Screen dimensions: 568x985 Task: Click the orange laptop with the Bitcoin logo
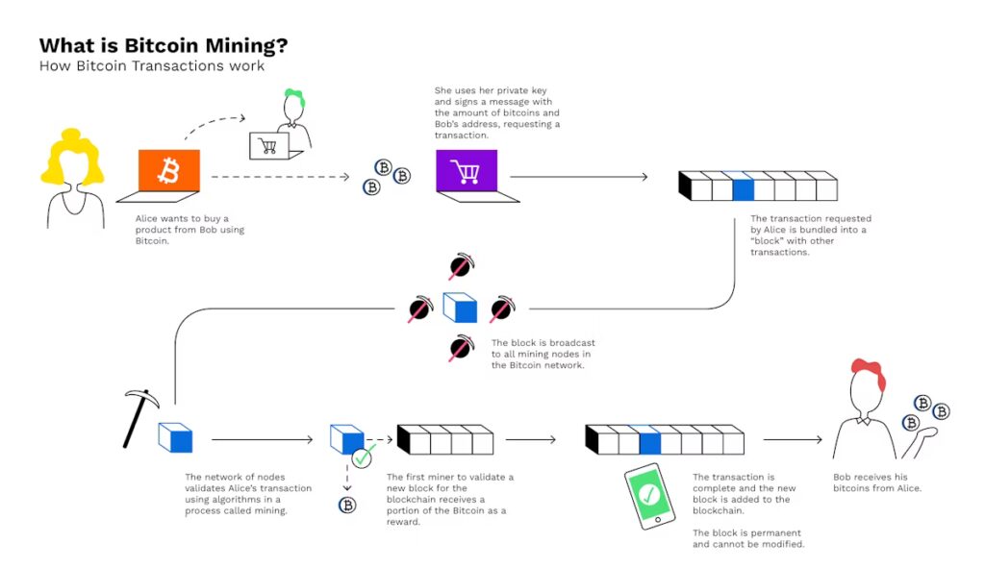(169, 172)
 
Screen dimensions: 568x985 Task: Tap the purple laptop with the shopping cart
(467, 172)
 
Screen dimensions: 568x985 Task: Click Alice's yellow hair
(71, 159)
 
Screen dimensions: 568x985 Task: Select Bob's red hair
(868, 375)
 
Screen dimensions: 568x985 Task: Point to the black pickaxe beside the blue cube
(140, 415)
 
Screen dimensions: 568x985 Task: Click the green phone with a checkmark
(649, 495)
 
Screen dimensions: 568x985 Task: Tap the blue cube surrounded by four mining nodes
(460, 308)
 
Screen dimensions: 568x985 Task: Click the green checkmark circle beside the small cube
(363, 457)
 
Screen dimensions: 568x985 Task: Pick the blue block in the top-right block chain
(743, 185)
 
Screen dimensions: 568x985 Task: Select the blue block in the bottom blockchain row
(650, 440)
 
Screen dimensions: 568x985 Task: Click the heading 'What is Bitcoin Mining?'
(163, 46)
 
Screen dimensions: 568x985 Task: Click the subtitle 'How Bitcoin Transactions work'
(152, 66)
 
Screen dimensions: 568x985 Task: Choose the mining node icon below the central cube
(461, 349)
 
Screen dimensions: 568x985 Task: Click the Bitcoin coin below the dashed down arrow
(347, 505)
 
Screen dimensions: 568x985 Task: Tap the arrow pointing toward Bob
(793, 440)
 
